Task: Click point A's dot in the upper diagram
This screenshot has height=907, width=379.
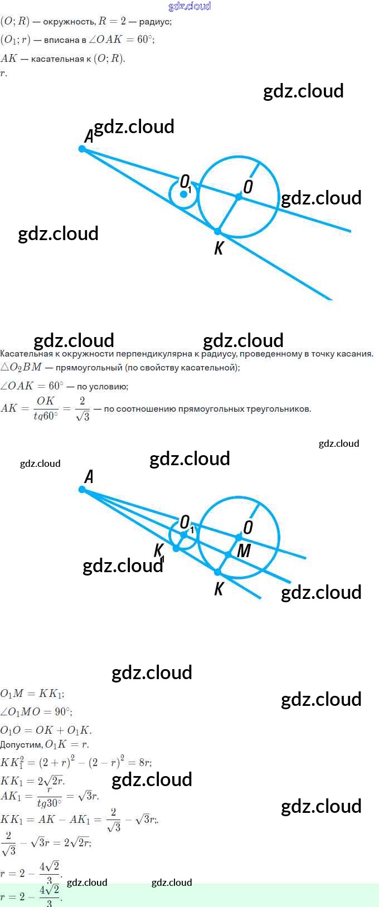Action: click(x=82, y=149)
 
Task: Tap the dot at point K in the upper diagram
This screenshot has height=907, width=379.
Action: click(x=217, y=231)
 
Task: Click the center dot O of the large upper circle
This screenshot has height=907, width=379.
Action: click(x=239, y=197)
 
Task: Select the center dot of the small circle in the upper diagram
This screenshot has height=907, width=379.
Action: click(x=183, y=194)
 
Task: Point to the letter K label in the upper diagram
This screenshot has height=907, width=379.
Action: click(x=218, y=248)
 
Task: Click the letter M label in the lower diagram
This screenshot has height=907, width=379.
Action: click(x=244, y=551)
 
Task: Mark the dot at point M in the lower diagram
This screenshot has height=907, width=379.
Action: click(x=228, y=554)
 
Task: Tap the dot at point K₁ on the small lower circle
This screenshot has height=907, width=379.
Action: click(x=176, y=548)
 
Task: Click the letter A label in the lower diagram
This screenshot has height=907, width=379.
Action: click(x=89, y=476)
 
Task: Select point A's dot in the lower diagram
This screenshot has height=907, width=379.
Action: click(x=82, y=489)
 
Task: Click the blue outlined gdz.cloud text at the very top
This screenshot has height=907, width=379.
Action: click(x=189, y=6)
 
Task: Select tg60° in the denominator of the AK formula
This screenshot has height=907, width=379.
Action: click(x=46, y=416)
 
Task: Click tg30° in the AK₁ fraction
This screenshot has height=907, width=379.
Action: click(x=49, y=803)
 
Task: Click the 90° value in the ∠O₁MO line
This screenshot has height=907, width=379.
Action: click(x=62, y=711)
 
